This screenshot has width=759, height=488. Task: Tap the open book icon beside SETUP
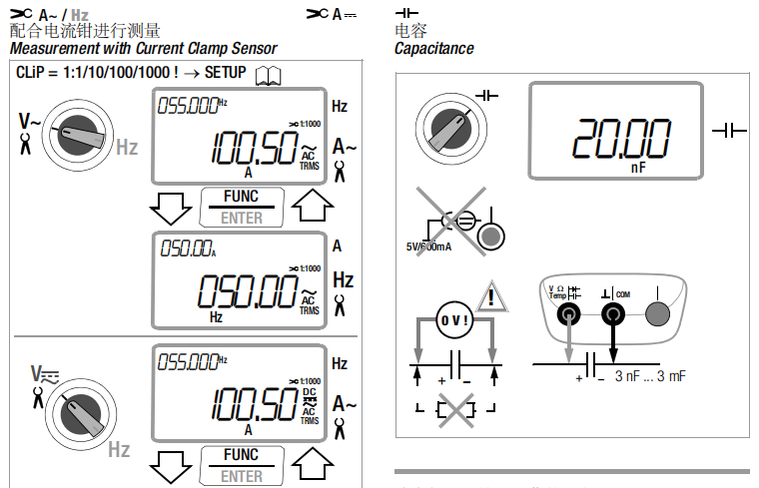(268, 75)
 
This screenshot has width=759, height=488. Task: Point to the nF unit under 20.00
(638, 169)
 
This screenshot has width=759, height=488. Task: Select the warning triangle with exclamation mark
(491, 298)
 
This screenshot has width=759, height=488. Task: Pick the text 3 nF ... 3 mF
(651, 376)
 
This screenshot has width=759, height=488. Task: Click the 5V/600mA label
(428, 246)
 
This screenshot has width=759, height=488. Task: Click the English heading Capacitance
(433, 48)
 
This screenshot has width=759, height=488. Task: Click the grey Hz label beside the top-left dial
(127, 148)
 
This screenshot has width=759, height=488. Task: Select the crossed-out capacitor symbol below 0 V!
(455, 408)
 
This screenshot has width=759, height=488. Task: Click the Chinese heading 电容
(409, 31)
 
